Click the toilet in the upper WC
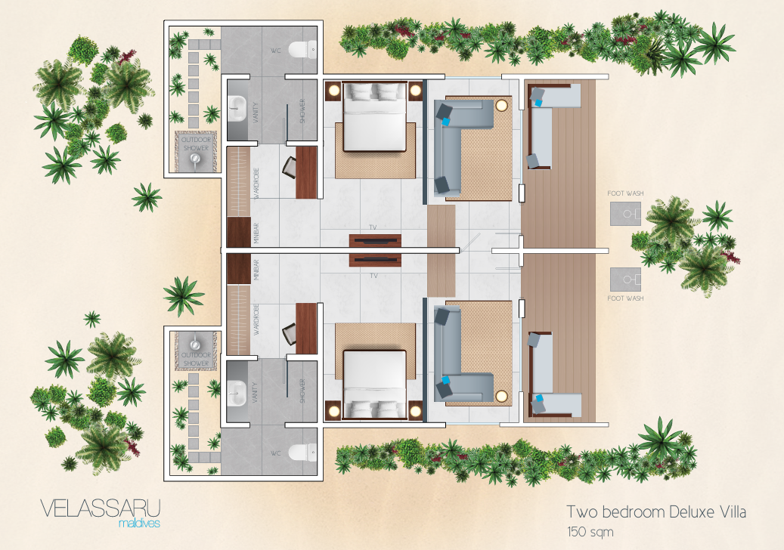tap(303, 50)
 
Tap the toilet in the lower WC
tap(303, 453)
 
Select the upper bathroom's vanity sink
tap(237, 110)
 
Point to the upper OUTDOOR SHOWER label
tap(196, 144)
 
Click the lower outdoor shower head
tap(195, 344)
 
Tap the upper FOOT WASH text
tap(625, 193)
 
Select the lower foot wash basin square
tap(625, 280)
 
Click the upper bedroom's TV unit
tap(375, 240)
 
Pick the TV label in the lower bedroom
tap(373, 275)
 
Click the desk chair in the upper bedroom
tap(290, 167)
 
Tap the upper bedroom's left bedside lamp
tap(333, 91)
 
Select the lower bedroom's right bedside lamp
tap(415, 411)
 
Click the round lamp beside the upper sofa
tap(501, 106)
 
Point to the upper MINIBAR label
tap(256, 233)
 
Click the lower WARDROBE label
tap(256, 320)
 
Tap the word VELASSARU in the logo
tap(100, 508)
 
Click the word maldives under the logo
tap(140, 524)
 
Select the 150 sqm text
tap(590, 532)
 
